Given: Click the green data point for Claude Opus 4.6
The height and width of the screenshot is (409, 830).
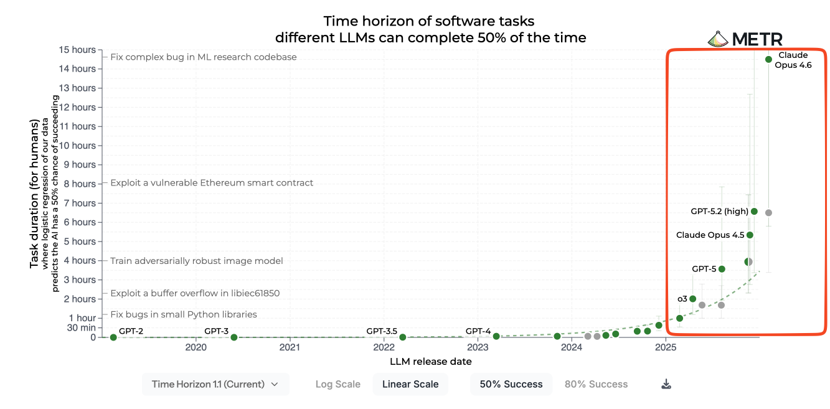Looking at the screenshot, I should point(768,59).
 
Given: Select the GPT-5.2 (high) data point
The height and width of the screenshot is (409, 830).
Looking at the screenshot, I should point(754,211).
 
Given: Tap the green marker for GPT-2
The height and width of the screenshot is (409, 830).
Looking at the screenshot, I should point(113,337).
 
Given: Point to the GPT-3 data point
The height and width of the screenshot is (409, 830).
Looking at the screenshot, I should point(234,337).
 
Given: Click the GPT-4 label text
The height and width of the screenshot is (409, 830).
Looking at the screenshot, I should point(478,331).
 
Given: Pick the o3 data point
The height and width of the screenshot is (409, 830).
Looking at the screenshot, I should point(692,299).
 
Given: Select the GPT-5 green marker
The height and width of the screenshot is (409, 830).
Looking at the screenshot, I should point(722,269).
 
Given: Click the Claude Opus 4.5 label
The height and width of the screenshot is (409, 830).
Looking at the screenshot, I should point(710,235).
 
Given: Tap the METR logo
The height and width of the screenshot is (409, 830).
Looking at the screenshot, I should point(745,39).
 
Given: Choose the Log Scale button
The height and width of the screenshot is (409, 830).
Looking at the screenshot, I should point(337,384).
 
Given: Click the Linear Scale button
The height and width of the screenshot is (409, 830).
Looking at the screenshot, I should point(410,384).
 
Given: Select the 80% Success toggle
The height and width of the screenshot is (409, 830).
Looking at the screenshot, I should point(596,384).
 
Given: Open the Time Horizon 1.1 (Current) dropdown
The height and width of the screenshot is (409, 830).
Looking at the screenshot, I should point(215,384).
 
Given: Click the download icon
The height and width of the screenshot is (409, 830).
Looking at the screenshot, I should point(666,384).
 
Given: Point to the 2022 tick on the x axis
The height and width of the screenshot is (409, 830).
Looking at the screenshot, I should point(384,347).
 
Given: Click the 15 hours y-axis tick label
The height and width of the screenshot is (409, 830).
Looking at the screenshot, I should point(78,50).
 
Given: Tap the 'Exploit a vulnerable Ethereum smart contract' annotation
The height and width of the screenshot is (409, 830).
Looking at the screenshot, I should point(212,183).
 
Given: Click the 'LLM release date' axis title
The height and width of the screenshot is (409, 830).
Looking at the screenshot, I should point(430,362).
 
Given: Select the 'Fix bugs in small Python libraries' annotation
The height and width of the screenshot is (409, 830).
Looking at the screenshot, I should point(183,314).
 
